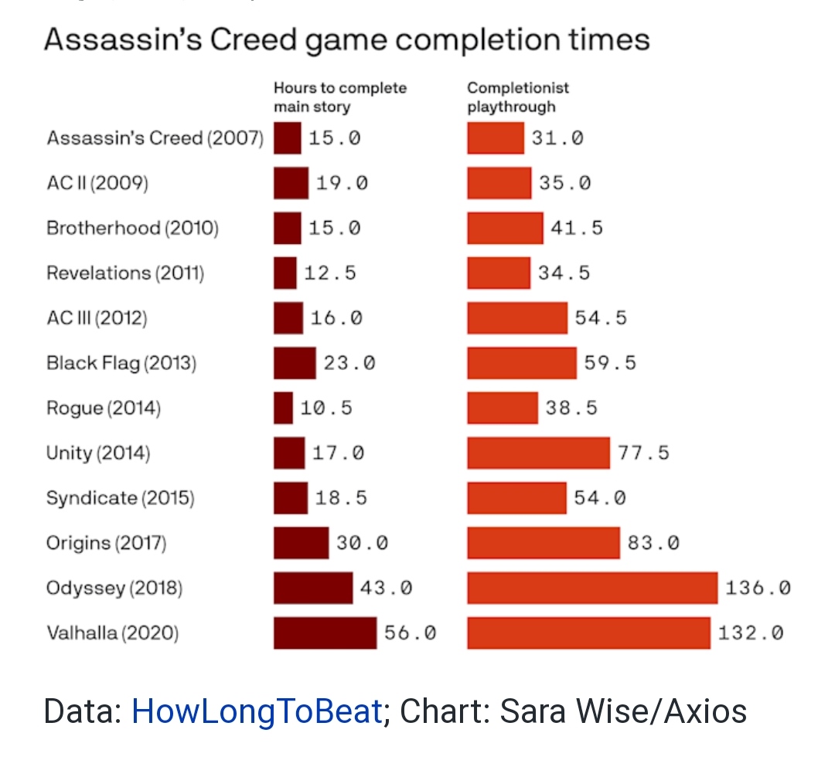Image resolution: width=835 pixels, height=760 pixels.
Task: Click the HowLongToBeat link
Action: (x=257, y=711)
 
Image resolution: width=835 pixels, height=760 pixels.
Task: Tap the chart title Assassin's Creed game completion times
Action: (x=346, y=40)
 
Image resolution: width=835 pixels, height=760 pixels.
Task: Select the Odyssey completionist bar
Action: (x=592, y=589)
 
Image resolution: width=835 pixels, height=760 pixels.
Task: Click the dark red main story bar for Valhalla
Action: (x=325, y=633)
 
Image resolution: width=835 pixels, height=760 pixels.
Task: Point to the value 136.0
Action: (x=758, y=589)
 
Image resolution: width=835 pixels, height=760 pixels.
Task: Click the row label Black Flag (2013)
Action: (x=121, y=363)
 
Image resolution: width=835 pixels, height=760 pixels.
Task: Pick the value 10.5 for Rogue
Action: (x=326, y=408)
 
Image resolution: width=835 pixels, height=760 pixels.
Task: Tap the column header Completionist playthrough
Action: (x=517, y=97)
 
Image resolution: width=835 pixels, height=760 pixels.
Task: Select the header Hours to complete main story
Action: (x=339, y=97)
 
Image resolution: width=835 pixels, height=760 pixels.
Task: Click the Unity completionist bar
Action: (x=538, y=453)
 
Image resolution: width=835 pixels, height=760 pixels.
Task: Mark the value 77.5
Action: (x=643, y=453)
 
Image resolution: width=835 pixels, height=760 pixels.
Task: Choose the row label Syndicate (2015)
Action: (x=120, y=498)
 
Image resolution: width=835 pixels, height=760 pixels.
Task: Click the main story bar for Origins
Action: (x=301, y=543)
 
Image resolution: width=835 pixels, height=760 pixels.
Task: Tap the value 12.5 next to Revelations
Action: (x=330, y=273)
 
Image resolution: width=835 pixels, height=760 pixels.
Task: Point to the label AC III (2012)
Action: (x=97, y=318)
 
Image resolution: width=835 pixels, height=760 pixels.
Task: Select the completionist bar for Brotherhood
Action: (x=505, y=228)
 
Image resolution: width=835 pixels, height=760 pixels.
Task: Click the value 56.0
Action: (x=410, y=633)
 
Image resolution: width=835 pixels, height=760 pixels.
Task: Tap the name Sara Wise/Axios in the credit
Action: (x=623, y=711)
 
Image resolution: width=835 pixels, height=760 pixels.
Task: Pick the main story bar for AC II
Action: (x=291, y=183)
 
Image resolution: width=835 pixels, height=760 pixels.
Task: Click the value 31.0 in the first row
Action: (x=557, y=138)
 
